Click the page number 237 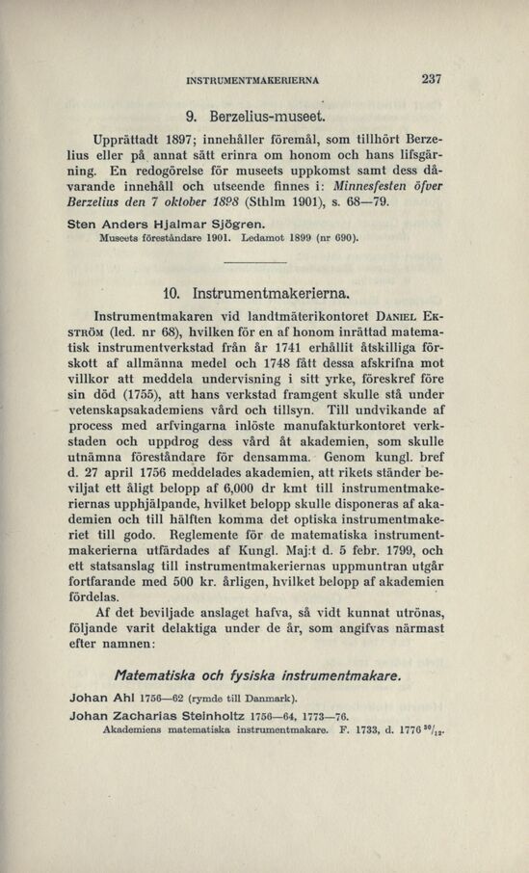pos(430,81)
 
